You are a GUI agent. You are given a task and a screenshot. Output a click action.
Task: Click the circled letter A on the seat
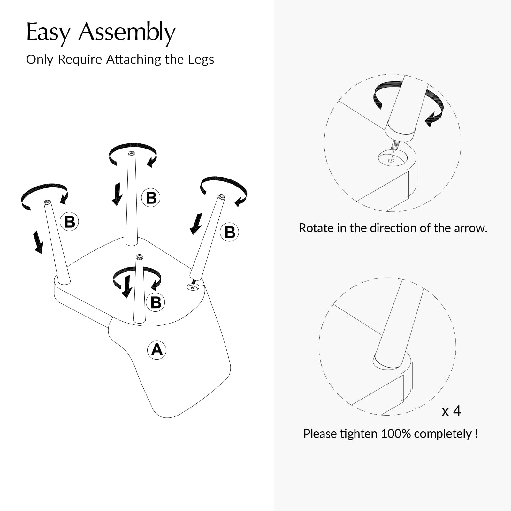pyautogui.click(x=156, y=350)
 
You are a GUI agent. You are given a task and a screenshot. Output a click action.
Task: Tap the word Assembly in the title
pyautogui.click(x=127, y=33)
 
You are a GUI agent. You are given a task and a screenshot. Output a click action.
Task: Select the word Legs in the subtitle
pyautogui.click(x=201, y=60)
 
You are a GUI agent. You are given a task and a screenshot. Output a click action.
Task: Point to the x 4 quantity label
pyautogui.click(x=451, y=411)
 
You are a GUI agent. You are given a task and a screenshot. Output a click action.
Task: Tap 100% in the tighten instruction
pyautogui.click(x=396, y=434)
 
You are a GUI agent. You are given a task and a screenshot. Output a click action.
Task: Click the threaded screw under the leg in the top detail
pyautogui.click(x=395, y=145)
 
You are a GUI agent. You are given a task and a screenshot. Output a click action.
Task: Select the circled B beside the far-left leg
pyautogui.click(x=70, y=222)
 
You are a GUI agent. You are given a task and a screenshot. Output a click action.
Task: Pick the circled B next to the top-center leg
pyautogui.click(x=151, y=198)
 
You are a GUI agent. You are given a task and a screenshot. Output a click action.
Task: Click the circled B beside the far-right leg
pyautogui.click(x=230, y=232)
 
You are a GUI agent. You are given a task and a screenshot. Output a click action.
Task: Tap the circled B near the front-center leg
pyautogui.click(x=156, y=302)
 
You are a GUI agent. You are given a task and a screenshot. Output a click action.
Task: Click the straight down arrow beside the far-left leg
pyautogui.click(x=38, y=242)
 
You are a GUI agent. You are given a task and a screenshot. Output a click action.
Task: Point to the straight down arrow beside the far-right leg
pyautogui.click(x=196, y=224)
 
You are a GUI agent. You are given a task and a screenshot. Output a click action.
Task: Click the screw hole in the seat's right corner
pyautogui.click(x=192, y=288)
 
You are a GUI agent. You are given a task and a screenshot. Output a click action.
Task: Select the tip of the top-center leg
pyautogui.click(x=131, y=153)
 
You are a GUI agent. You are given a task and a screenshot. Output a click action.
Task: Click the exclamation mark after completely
pyautogui.click(x=476, y=433)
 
